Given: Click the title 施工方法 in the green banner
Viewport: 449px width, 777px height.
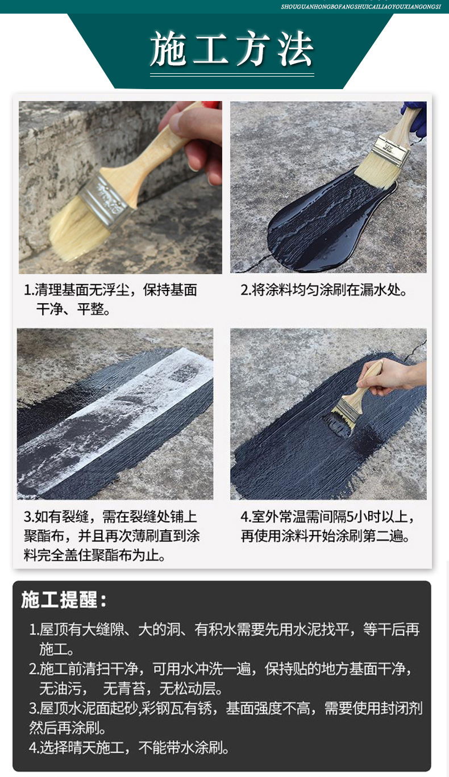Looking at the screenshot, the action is tap(232, 49).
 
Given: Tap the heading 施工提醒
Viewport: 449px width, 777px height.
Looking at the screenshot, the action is tap(64, 599).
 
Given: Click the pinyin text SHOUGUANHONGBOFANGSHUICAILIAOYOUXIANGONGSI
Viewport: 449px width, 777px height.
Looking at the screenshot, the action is tap(361, 7).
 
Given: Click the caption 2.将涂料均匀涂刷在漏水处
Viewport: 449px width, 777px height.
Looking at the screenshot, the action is tap(324, 290).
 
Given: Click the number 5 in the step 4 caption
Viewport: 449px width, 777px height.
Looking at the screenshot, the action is tap(350, 517).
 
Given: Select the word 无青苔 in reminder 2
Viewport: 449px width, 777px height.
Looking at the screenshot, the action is tap(124, 688).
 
